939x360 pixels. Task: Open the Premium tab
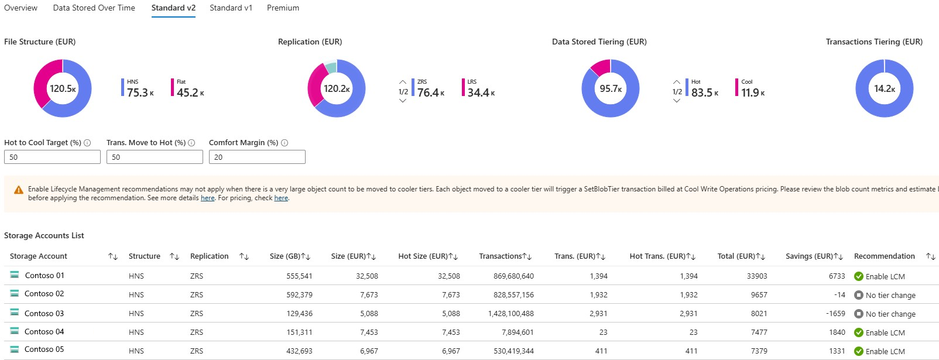click(x=283, y=8)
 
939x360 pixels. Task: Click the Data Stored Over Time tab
click(x=94, y=8)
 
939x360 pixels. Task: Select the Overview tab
click(x=20, y=8)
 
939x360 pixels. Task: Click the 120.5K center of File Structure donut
click(x=63, y=88)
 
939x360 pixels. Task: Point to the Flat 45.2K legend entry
click(x=187, y=88)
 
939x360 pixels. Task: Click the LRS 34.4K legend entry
click(x=478, y=88)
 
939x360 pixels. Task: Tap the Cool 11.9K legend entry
click(x=750, y=88)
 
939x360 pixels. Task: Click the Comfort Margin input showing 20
click(x=257, y=157)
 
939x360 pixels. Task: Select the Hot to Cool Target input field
click(x=52, y=157)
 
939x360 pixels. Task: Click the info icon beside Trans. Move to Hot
click(x=191, y=143)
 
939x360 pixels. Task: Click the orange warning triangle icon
click(x=19, y=190)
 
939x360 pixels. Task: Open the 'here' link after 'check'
click(x=281, y=198)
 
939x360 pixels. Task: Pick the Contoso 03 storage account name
click(x=44, y=313)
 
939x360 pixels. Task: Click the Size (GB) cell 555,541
click(x=299, y=276)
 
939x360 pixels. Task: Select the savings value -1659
click(x=835, y=314)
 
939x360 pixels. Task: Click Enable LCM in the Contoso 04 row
click(x=885, y=332)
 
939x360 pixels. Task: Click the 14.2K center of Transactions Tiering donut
click(x=884, y=88)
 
